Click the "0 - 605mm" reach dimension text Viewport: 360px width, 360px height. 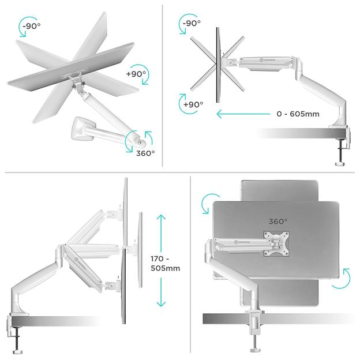pos(298,114)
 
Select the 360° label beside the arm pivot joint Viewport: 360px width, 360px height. pos(145,153)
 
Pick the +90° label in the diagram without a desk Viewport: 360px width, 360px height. pos(137,74)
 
